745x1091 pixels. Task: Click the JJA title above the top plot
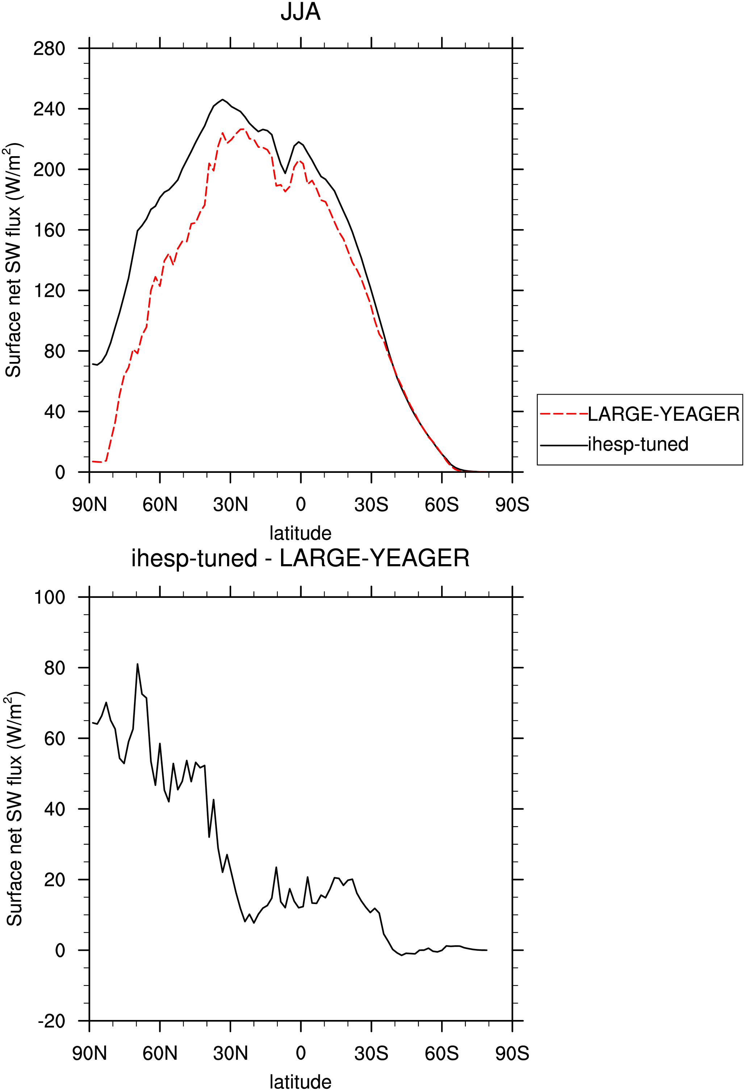300,12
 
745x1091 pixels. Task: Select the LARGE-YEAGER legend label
664,414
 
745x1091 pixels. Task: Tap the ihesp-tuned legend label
638,444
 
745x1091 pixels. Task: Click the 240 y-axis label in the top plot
49,109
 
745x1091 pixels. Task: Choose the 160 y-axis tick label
49,230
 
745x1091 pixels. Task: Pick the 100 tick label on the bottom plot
49,597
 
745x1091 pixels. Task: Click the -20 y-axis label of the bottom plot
51,1021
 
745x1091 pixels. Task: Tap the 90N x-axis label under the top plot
89,505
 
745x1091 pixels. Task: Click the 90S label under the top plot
512,505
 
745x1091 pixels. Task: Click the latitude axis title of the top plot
300,533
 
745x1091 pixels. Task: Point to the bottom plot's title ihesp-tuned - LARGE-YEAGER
300,558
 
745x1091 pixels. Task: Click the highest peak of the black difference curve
138,664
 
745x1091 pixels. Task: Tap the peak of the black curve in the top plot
222,100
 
